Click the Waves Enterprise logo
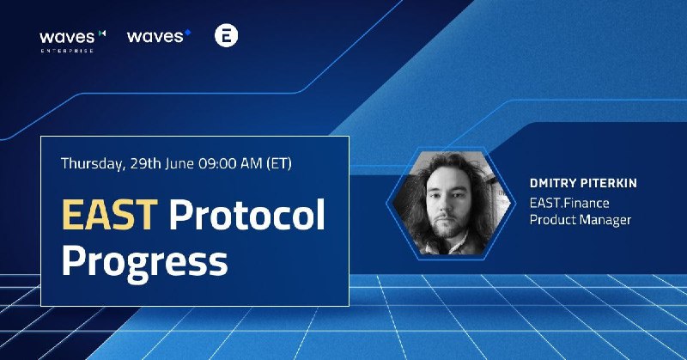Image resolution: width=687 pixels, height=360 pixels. (73, 41)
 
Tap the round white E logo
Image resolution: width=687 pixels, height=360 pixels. (226, 35)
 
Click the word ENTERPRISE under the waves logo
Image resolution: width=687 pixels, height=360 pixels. (67, 51)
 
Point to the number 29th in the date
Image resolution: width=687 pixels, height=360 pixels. (146, 163)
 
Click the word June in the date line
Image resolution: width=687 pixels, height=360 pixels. (179, 163)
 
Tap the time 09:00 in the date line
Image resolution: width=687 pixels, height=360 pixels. (216, 163)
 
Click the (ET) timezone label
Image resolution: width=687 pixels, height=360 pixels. (278, 163)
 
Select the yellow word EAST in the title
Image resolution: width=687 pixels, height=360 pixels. (110, 215)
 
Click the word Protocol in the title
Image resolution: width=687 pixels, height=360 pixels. (247, 214)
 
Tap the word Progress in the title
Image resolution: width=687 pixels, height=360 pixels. (144, 261)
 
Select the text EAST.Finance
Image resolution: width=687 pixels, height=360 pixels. (569, 203)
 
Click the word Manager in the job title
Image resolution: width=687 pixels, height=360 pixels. (606, 220)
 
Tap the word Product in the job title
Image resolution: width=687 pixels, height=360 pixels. (553, 219)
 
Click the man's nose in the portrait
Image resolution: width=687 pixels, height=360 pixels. (444, 206)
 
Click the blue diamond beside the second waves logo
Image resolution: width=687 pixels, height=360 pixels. (187, 32)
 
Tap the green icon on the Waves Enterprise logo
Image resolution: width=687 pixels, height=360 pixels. (102, 33)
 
